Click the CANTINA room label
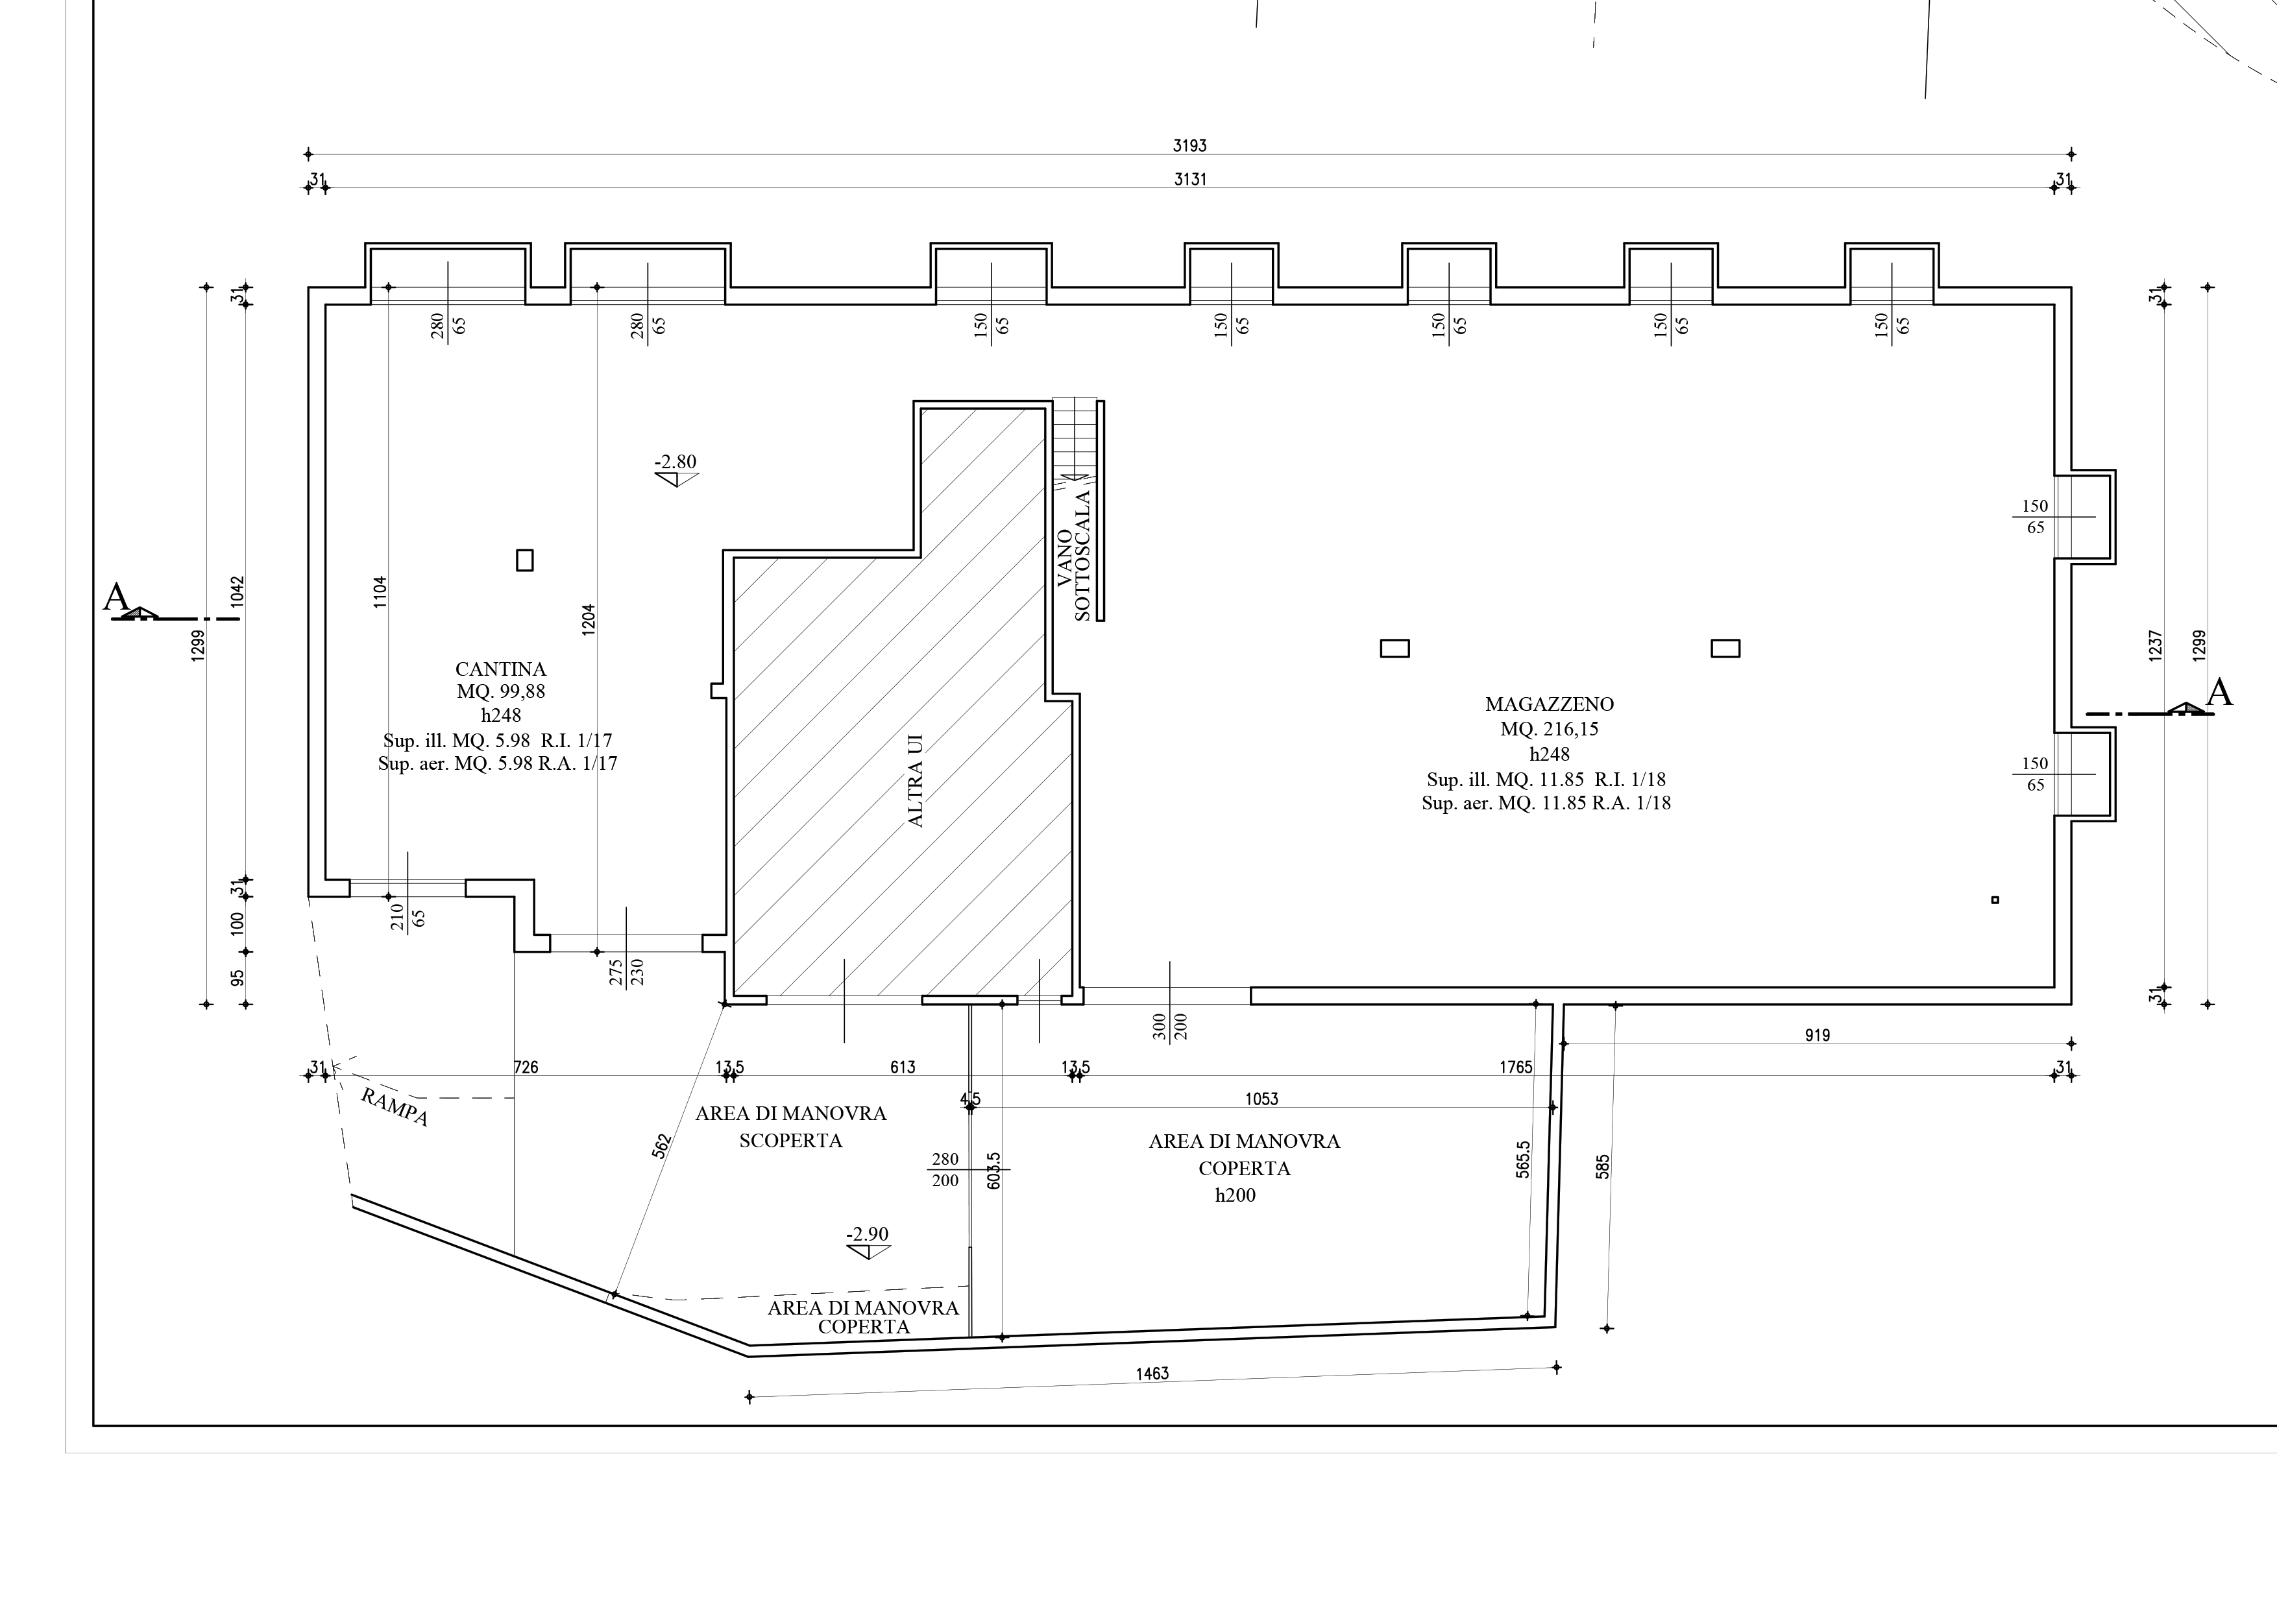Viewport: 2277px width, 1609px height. [501, 669]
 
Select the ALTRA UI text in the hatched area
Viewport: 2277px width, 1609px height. [916, 780]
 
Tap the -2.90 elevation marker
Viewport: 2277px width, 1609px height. [868, 1241]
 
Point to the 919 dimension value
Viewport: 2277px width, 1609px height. [1817, 1036]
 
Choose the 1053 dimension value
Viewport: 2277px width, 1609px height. [1261, 1099]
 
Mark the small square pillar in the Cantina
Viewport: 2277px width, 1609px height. [524, 561]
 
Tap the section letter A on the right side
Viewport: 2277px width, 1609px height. [2219, 693]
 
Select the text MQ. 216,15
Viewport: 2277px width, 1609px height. [1549, 730]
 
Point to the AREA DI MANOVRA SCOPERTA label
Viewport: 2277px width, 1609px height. [790, 1127]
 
